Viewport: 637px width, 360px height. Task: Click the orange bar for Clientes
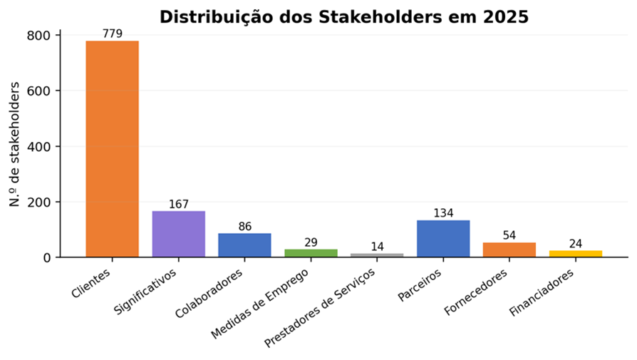(x=112, y=149)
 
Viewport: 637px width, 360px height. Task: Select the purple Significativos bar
(x=179, y=234)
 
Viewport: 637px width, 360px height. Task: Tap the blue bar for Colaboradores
(x=244, y=245)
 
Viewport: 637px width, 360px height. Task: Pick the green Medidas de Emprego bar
(x=311, y=253)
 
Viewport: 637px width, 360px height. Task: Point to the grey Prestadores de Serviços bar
(x=377, y=255)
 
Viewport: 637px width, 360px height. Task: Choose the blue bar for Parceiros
(x=443, y=239)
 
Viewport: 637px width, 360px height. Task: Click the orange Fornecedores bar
(x=509, y=250)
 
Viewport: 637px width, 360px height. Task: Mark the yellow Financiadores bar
(x=576, y=254)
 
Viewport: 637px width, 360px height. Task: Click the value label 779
(x=113, y=34)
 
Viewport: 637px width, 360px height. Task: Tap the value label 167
(x=179, y=204)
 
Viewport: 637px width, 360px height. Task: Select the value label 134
(x=443, y=213)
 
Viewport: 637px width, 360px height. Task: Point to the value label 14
(x=377, y=247)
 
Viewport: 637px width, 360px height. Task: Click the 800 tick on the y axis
(x=38, y=36)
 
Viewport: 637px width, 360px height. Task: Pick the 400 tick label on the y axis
(x=38, y=147)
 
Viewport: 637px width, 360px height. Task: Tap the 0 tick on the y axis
(x=47, y=257)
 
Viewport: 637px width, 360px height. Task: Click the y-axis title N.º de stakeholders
(x=15, y=144)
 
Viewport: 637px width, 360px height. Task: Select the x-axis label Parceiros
(x=420, y=286)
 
